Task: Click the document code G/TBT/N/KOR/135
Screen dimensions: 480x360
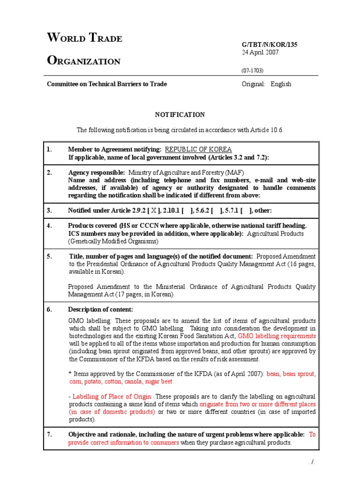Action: [269, 45]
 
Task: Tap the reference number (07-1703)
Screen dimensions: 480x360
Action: [253, 70]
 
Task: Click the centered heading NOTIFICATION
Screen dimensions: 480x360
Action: [180, 114]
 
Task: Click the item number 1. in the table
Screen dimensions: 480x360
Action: [49, 149]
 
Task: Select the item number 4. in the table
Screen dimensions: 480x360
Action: [49, 225]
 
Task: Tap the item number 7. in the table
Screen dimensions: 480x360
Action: [49, 435]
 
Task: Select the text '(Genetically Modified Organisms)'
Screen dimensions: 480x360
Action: [113, 241]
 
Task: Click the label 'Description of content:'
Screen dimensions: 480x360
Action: [101, 309]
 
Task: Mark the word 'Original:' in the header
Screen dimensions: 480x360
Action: [254, 84]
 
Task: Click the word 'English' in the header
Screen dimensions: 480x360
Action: [281, 84]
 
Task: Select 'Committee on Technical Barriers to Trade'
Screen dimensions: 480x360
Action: [106, 84]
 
